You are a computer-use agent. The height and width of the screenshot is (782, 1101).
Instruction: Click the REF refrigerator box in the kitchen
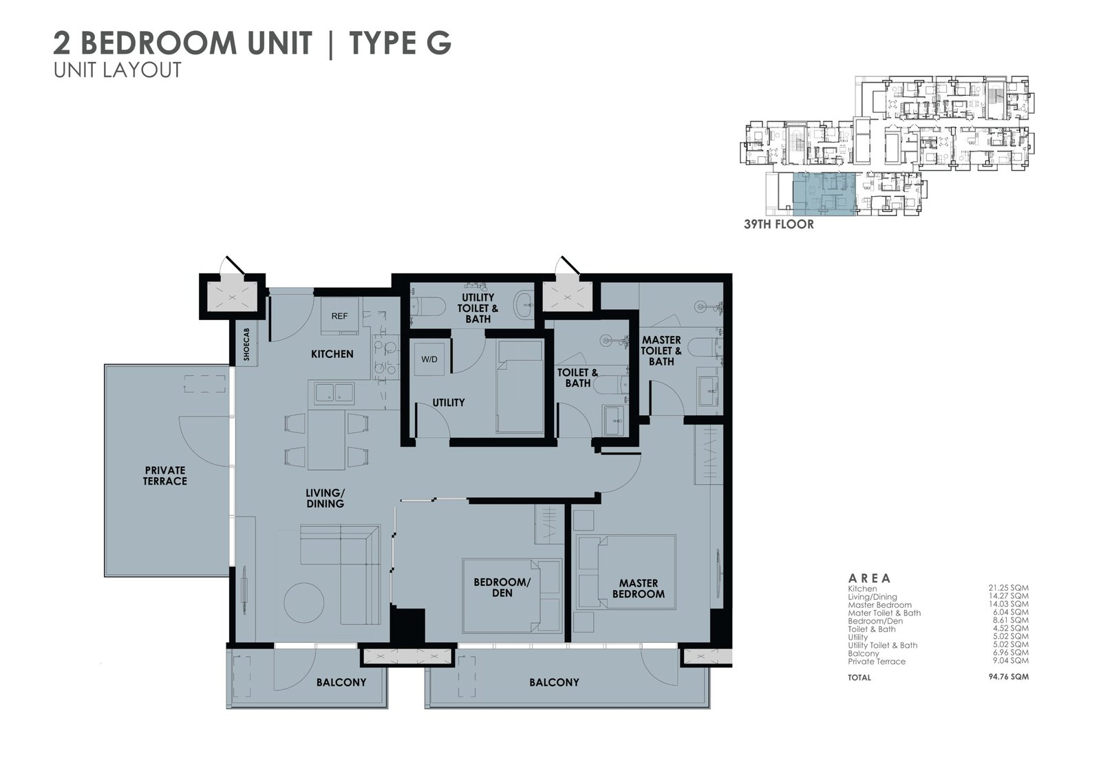click(340, 316)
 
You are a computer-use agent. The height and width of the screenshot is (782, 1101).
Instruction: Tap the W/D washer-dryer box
click(429, 359)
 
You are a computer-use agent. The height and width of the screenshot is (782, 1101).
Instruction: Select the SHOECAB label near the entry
click(246, 344)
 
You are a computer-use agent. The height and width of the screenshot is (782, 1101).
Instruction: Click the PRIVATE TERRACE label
click(165, 476)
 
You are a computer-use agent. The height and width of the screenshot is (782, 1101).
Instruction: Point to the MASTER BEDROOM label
click(639, 589)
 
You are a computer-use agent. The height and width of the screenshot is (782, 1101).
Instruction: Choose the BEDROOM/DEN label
click(502, 587)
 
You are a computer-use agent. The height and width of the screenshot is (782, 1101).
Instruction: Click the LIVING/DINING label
click(325, 498)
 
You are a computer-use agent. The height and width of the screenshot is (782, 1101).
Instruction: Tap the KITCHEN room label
click(332, 354)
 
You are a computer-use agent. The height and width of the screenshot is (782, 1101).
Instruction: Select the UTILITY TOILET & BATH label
click(478, 308)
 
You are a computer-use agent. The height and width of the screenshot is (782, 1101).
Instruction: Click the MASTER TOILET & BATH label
click(661, 350)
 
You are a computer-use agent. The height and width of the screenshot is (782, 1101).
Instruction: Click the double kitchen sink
click(334, 393)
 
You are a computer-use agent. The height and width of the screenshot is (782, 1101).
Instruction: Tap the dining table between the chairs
click(326, 439)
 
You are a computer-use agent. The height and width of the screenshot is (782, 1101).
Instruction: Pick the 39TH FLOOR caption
click(778, 224)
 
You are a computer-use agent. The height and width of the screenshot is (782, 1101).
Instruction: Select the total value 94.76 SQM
click(1009, 676)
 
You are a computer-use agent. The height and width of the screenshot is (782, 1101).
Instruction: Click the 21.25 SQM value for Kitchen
click(1009, 587)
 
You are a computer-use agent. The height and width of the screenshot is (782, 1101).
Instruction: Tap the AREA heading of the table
click(870, 578)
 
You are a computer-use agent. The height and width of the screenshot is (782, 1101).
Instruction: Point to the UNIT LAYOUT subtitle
click(118, 70)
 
